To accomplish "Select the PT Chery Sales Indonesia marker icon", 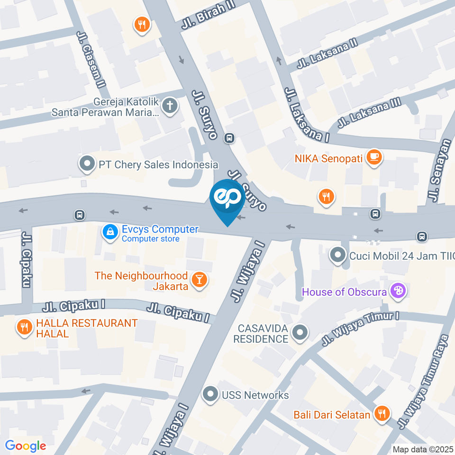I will pos(87,164).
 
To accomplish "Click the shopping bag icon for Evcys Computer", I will pos(110,232).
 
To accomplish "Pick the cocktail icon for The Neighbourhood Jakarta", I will pos(200,280).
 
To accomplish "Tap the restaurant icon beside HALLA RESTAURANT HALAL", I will pos(23,327).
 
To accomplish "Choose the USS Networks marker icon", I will pos(209,394).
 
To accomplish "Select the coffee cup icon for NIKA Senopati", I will pos(374,157).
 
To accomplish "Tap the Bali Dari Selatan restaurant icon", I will pos(382,414).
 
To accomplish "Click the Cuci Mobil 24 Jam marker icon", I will pos(337,255).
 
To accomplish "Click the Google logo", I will pos(25,446).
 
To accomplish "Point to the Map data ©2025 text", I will pos(423,449).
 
